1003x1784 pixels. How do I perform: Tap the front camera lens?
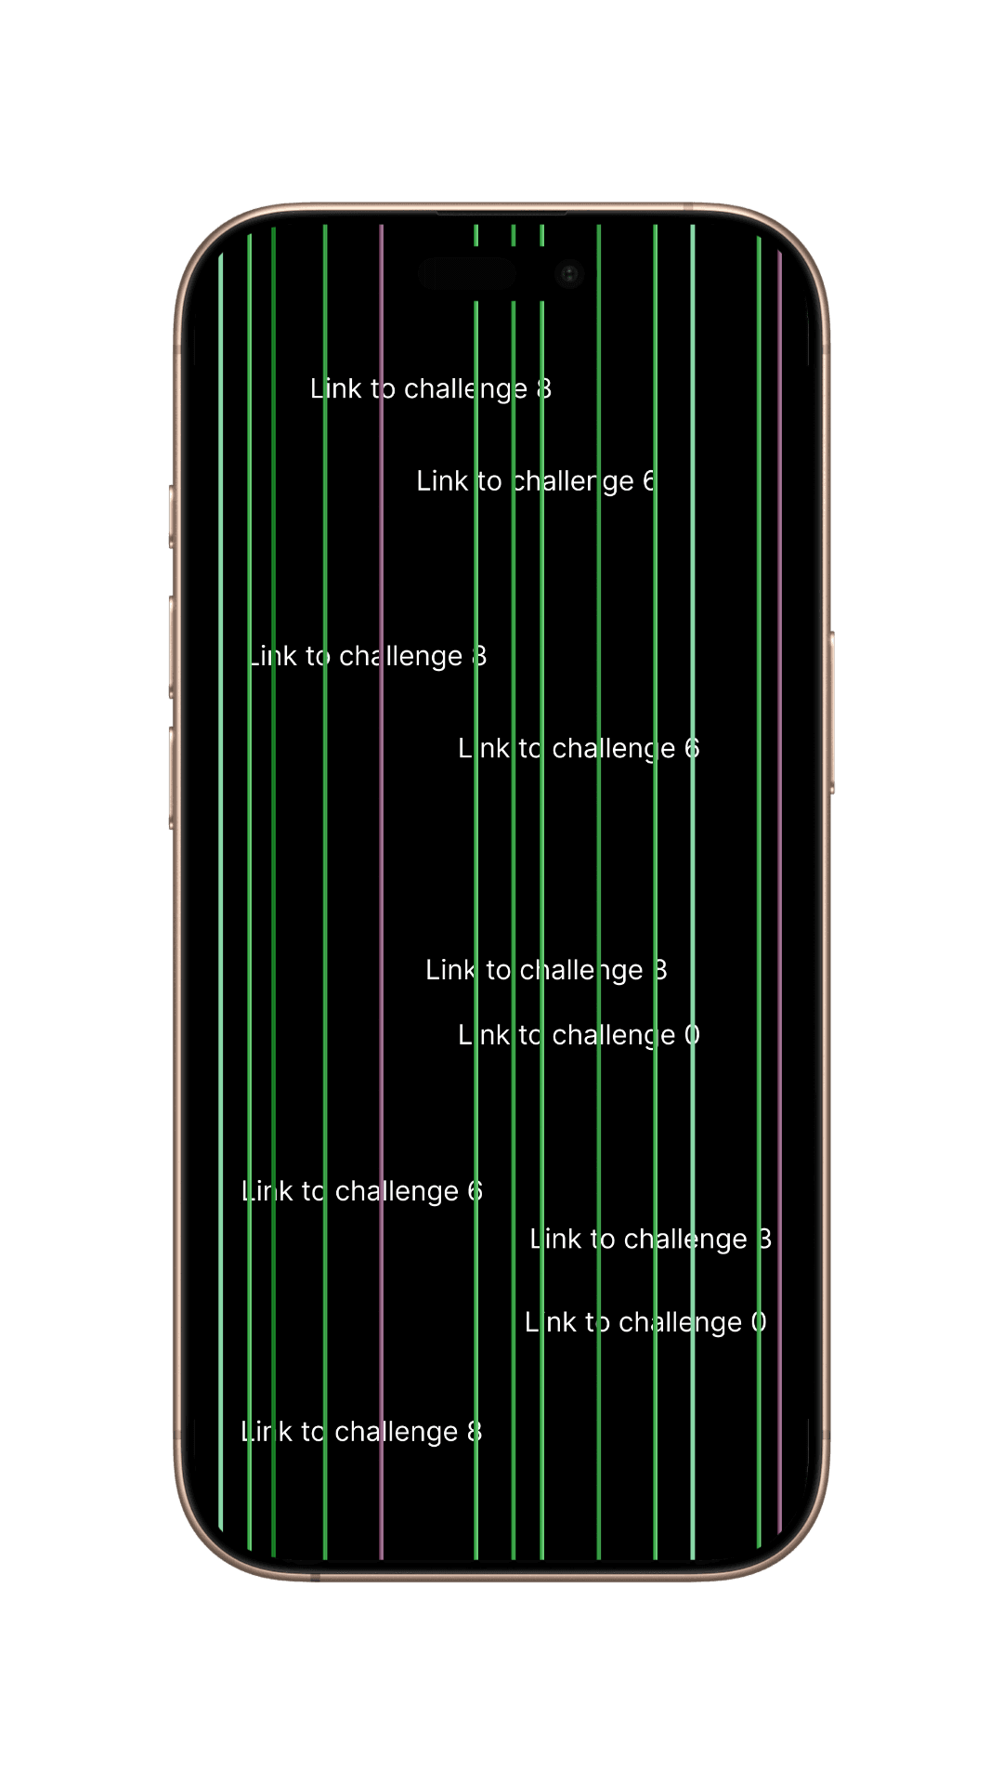click(569, 273)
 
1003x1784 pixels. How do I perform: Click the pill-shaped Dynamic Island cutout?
click(466, 274)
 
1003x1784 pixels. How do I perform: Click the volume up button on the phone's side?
click(173, 647)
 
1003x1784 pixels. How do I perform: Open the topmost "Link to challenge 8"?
click(431, 388)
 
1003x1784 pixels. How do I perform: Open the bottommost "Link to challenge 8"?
click(361, 1432)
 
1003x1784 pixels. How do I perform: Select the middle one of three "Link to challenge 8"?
click(368, 656)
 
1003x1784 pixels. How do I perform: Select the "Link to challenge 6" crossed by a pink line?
click(361, 1191)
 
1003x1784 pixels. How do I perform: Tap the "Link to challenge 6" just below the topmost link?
click(535, 481)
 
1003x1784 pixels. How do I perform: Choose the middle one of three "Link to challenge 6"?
click(579, 749)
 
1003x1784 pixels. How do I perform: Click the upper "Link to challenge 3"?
click(546, 970)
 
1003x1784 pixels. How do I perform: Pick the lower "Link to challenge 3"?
click(650, 1240)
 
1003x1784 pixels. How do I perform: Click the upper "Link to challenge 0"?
click(579, 1035)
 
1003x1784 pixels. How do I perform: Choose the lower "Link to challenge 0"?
click(645, 1322)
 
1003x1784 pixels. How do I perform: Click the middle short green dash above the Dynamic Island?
click(514, 235)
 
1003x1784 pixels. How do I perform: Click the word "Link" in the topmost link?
click(335, 388)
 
